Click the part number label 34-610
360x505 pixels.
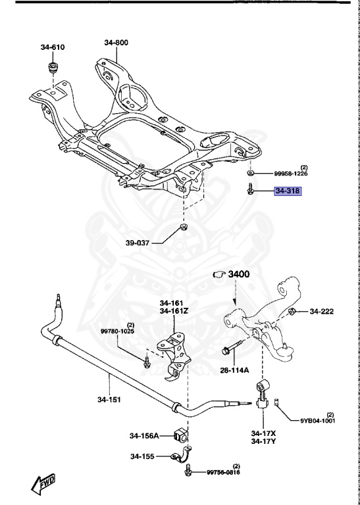point(53,47)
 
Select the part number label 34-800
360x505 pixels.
point(116,43)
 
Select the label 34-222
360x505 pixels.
point(322,311)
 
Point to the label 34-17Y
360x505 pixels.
point(262,443)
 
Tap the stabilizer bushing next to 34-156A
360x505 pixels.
point(181,435)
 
